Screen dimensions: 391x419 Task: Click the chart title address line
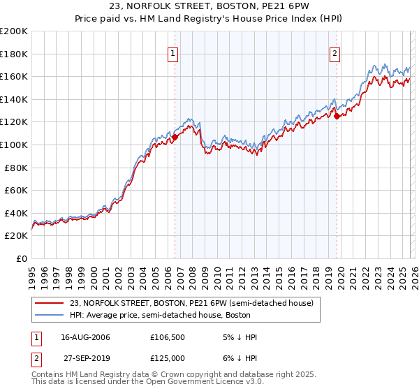(209, 8)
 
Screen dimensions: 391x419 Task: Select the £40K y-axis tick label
(16, 213)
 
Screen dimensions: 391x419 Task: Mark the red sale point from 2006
(175, 137)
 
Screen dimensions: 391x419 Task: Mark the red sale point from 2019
(337, 117)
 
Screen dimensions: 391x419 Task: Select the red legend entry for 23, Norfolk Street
(196, 304)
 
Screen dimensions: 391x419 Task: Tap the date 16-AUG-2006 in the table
(86, 337)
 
